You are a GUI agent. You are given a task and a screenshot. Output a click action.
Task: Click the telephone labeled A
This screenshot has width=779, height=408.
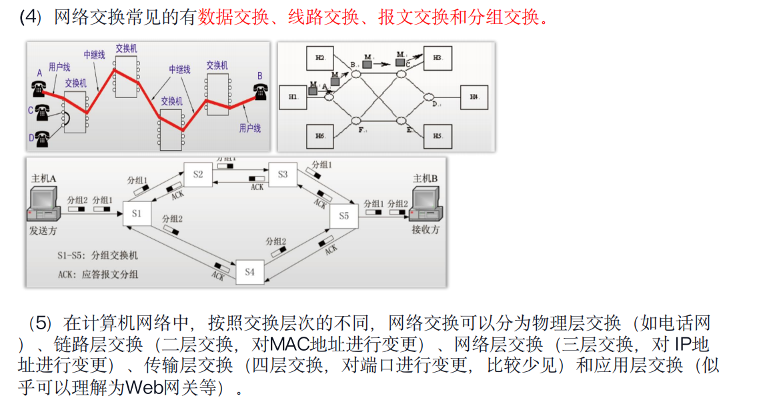pyautogui.click(x=37, y=87)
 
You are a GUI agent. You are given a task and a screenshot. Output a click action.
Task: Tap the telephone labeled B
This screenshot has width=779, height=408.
pyautogui.click(x=260, y=91)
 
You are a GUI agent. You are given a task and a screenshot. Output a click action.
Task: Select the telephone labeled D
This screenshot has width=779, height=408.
pyautogui.click(x=42, y=138)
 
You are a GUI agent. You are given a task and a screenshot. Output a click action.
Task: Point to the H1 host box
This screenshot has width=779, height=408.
pyautogui.click(x=294, y=97)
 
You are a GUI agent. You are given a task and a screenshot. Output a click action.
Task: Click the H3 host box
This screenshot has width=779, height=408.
pyautogui.click(x=438, y=58)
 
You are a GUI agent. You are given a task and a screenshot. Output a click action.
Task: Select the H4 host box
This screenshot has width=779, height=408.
pyautogui.click(x=474, y=97)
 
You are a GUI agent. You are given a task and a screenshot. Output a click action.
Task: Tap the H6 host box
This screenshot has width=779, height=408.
pyautogui.click(x=320, y=136)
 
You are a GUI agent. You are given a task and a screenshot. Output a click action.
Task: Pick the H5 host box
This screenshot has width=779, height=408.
pyautogui.click(x=438, y=136)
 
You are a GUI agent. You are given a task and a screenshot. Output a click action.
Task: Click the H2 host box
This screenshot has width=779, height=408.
pyautogui.click(x=320, y=59)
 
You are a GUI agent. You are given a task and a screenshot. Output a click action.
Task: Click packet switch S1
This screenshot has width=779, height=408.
pyautogui.click(x=137, y=214)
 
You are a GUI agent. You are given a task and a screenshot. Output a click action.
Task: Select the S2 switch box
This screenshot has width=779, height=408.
pyautogui.click(x=198, y=175)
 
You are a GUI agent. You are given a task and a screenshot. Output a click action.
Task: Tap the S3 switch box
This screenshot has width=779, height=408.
pyautogui.click(x=282, y=175)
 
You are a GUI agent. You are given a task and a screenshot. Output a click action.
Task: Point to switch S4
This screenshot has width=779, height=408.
pyautogui.click(x=249, y=272)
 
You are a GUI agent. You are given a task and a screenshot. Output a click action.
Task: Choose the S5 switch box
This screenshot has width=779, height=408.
pyautogui.click(x=343, y=216)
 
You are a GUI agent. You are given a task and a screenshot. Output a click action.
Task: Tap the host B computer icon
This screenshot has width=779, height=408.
pyautogui.click(x=424, y=203)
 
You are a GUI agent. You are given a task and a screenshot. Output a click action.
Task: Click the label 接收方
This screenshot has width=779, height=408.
pyautogui.click(x=426, y=230)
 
